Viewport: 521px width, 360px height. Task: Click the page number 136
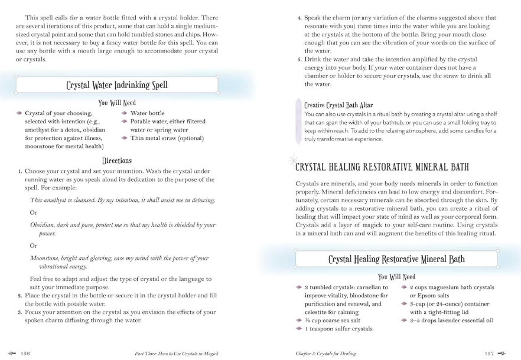click(x=25, y=353)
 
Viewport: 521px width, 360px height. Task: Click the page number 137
click(x=489, y=353)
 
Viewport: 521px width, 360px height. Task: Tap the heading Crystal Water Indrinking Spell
click(x=117, y=85)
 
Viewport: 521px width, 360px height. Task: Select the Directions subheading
click(x=117, y=161)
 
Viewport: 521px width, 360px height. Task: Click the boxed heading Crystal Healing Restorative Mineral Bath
click(x=396, y=258)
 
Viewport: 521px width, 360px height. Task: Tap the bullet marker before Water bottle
click(x=124, y=113)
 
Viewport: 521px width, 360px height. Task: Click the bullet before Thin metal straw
click(x=124, y=138)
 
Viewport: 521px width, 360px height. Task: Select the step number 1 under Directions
click(x=20, y=171)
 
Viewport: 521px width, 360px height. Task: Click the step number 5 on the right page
click(x=299, y=60)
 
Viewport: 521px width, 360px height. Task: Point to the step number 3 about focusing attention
click(x=20, y=312)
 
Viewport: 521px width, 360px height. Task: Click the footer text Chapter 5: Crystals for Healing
click(x=326, y=353)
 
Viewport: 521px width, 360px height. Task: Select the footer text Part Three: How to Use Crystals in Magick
click(x=177, y=353)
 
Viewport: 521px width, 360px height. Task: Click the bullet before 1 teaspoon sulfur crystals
click(x=299, y=329)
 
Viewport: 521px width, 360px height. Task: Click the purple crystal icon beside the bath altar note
click(x=296, y=122)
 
